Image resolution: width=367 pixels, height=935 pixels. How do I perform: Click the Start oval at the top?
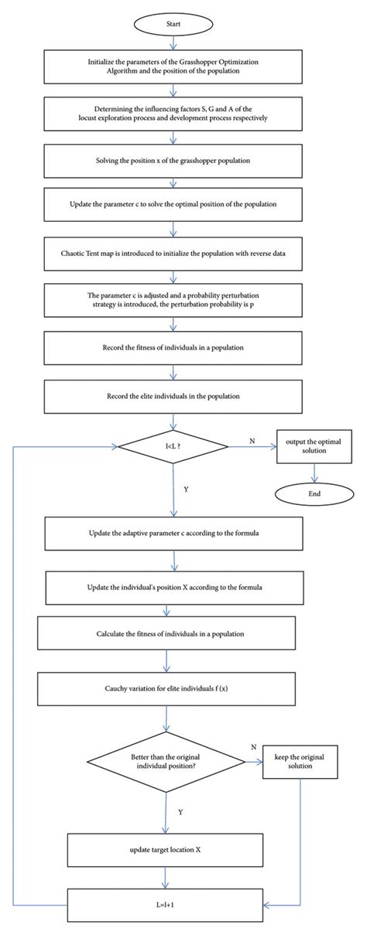click(x=173, y=22)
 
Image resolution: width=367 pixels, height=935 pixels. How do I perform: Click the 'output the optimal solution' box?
click(x=313, y=447)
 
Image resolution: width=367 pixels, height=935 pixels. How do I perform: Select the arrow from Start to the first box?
click(x=173, y=41)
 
